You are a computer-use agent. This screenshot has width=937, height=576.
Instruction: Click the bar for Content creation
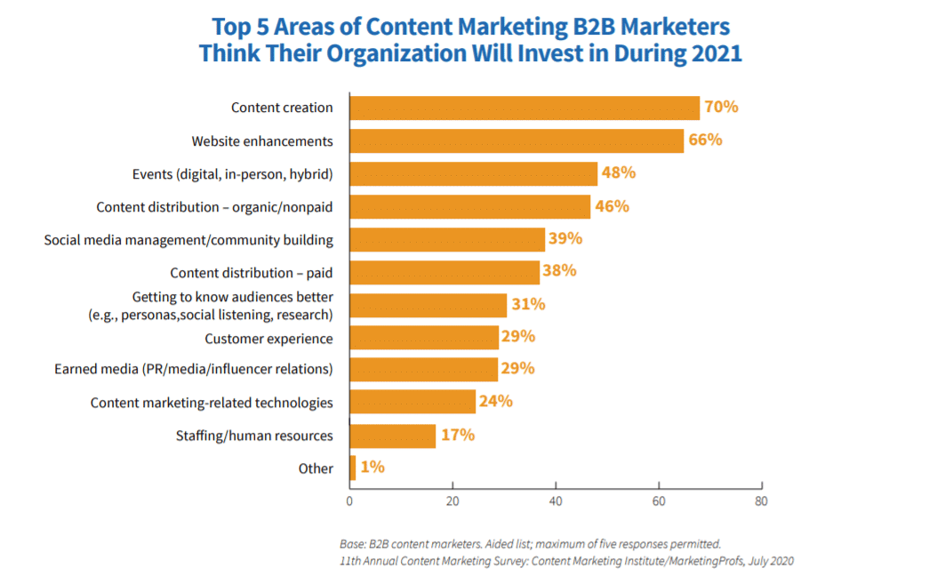point(525,108)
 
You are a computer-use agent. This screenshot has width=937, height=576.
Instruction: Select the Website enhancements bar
point(517,140)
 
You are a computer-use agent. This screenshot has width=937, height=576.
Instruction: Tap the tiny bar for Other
point(353,468)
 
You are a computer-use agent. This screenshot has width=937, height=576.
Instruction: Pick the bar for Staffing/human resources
point(393,436)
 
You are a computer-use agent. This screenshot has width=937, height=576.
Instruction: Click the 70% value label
point(722,107)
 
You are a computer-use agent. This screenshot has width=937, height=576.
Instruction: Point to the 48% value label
point(620,172)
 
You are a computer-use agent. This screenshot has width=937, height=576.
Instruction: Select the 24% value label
point(496,401)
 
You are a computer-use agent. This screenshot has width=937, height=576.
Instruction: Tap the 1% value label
point(373,467)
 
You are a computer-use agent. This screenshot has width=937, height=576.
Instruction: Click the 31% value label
point(528,304)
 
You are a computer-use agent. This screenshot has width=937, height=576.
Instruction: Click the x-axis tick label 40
point(556,500)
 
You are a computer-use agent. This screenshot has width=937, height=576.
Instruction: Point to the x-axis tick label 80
point(761,500)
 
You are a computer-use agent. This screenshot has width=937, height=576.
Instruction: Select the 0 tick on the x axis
point(349,500)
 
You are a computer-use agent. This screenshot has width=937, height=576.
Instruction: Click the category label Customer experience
point(268,338)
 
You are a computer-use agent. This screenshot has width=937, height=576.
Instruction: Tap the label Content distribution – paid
point(252,272)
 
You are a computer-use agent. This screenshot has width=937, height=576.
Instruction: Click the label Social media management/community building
point(188,240)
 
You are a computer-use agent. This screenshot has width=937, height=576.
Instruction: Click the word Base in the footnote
point(352,543)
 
